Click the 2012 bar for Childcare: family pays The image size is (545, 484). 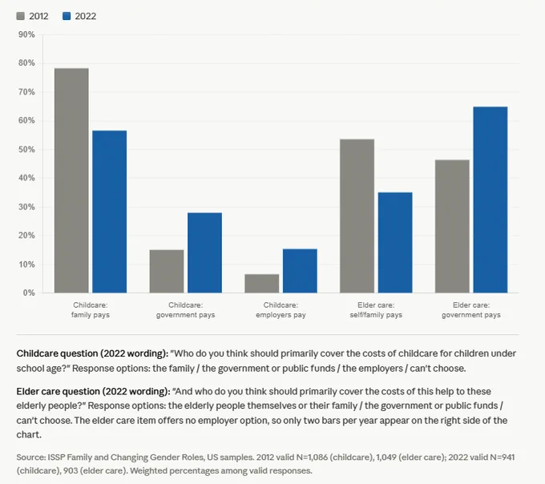(71, 180)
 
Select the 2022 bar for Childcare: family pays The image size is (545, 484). (110, 212)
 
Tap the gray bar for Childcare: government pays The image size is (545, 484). (167, 272)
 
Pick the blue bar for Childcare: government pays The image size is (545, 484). (204, 252)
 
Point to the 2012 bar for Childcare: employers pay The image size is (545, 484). (262, 284)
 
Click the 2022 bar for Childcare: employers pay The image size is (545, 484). (300, 271)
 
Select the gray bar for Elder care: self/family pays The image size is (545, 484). (357, 216)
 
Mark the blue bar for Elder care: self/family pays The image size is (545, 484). (395, 243)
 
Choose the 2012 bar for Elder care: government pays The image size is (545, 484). (452, 226)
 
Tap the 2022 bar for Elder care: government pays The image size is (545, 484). (490, 200)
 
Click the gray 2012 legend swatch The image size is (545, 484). (21, 16)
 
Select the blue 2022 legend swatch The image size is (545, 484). (67, 16)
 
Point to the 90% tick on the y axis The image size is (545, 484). (26, 34)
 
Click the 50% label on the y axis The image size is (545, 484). (26, 149)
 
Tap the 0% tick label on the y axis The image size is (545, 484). (29, 293)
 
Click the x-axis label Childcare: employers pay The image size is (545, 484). (281, 310)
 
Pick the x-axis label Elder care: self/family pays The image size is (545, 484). (376, 310)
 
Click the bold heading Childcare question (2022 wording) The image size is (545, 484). (92, 353)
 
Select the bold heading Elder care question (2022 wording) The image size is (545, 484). (94, 391)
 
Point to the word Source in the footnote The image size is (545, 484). (31, 458)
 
